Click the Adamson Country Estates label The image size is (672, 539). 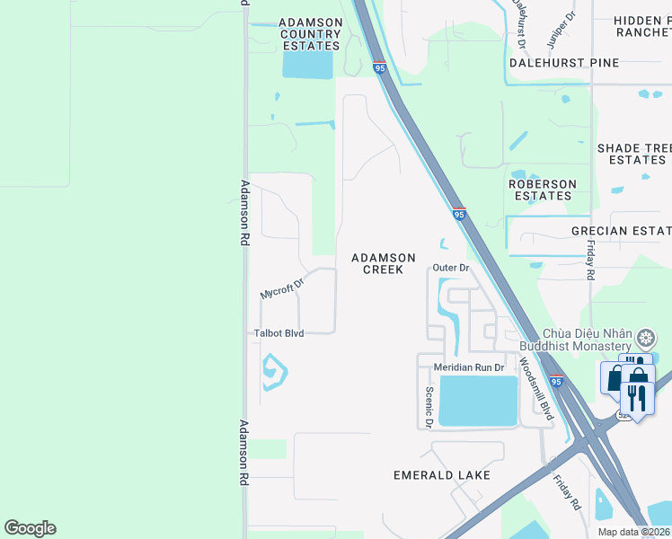(310, 34)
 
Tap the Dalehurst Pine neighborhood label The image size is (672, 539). (563, 63)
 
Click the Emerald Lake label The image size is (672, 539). (442, 474)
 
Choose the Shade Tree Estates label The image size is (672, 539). (634, 154)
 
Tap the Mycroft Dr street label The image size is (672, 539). (283, 287)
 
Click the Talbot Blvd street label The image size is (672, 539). (278, 333)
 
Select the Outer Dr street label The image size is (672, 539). (451, 268)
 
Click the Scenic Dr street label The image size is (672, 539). (429, 406)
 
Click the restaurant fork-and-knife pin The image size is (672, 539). (638, 395)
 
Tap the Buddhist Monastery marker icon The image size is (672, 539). (645, 339)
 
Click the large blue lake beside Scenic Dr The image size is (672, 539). (477, 401)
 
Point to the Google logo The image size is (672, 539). (30, 528)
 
